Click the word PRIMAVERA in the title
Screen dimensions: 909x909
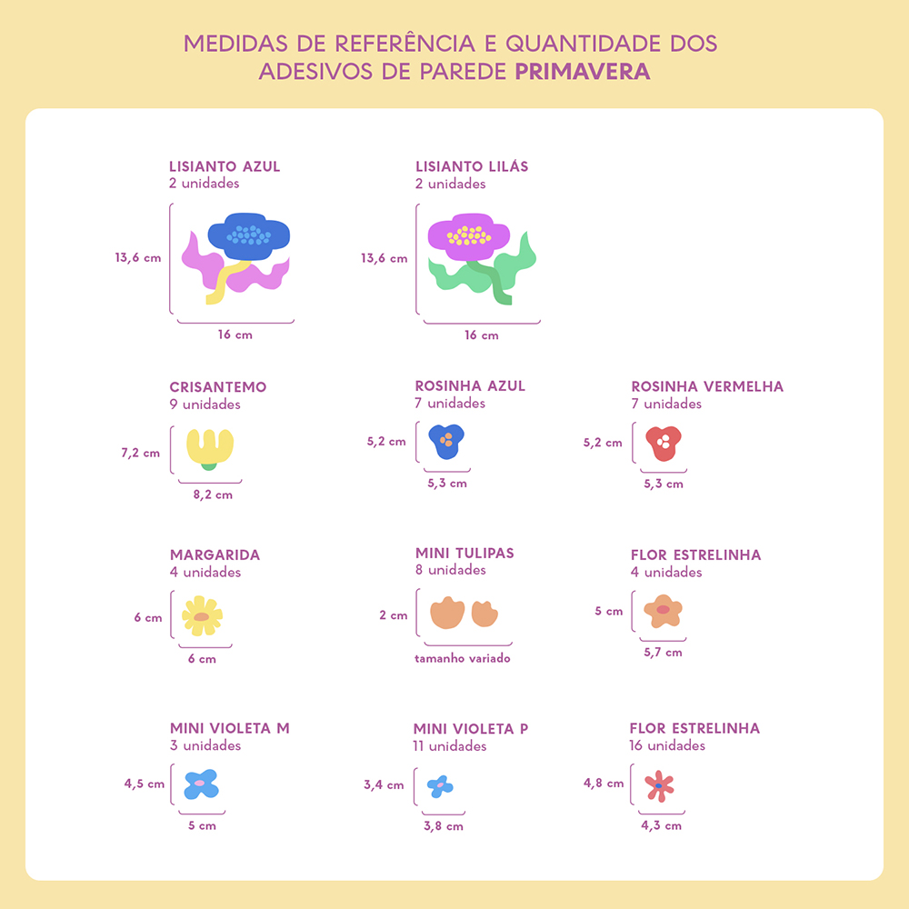click(583, 72)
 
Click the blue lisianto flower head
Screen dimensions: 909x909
click(249, 235)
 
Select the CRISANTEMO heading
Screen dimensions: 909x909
click(217, 387)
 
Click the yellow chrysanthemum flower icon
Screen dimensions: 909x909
click(210, 446)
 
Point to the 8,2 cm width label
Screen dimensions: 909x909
click(213, 495)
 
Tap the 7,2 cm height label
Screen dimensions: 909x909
click(140, 453)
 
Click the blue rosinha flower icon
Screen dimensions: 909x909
click(445, 441)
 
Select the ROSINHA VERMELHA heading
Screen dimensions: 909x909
click(706, 386)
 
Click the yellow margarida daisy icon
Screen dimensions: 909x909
click(202, 616)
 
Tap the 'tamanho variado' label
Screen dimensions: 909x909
click(462, 658)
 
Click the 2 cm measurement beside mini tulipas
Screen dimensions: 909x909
click(394, 615)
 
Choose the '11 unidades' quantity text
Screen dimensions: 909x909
click(449, 746)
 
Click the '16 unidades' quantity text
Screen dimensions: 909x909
click(666, 745)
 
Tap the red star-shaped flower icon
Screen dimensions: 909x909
click(658, 785)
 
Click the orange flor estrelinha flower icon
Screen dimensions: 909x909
click(663, 610)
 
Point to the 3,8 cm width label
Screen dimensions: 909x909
click(443, 826)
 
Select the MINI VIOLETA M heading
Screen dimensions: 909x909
click(229, 728)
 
